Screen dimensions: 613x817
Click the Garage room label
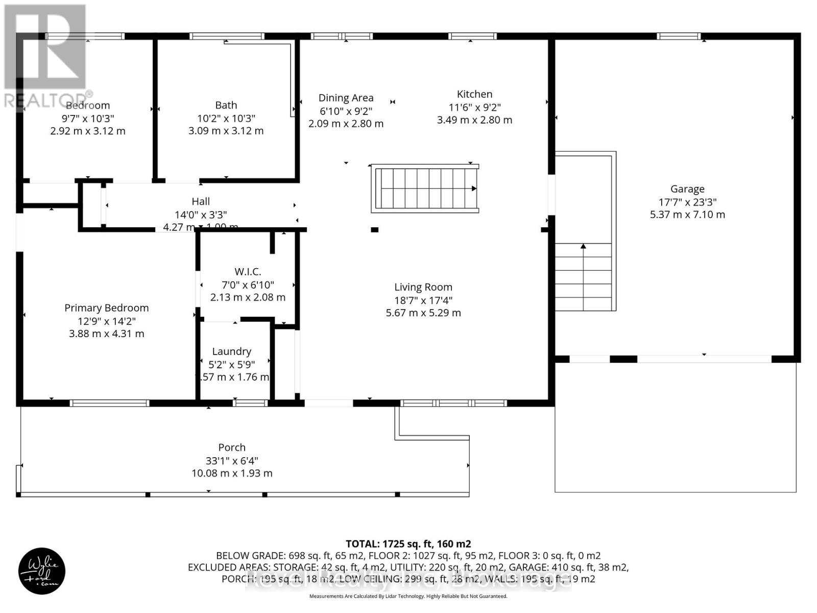point(687,189)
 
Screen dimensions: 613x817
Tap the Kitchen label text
point(474,94)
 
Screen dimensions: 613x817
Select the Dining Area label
point(346,98)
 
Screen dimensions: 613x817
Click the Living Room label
point(423,287)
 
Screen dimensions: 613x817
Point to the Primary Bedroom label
point(106,308)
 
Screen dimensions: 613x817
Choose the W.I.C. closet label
point(248,272)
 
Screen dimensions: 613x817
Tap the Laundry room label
point(231,351)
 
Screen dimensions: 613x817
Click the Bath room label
point(226,105)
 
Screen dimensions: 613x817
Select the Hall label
point(201,201)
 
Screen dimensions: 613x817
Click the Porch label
point(232,447)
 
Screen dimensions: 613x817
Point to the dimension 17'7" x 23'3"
point(687,202)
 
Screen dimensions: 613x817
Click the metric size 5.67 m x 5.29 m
point(423,313)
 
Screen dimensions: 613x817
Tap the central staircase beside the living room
point(425,188)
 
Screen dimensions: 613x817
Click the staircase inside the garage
point(583,276)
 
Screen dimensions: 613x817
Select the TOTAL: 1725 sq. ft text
point(408,544)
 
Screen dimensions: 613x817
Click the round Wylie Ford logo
point(42,571)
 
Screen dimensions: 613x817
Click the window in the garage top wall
point(678,36)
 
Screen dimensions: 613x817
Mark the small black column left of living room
point(374,230)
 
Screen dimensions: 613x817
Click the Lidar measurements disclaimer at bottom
point(408,596)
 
